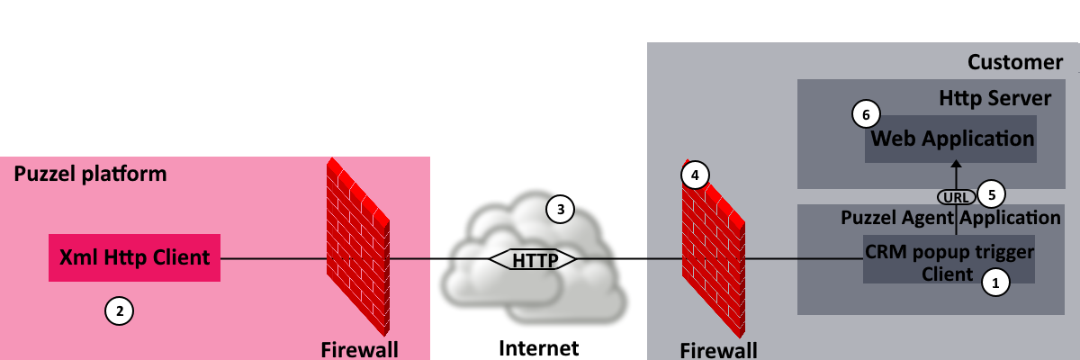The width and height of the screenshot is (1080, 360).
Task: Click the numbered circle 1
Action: pyautogui.click(x=995, y=282)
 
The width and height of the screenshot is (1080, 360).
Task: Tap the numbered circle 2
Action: pyautogui.click(x=120, y=311)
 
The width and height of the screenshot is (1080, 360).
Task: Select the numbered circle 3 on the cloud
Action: pyautogui.click(x=560, y=210)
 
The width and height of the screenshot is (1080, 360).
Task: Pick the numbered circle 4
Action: pyautogui.click(x=694, y=175)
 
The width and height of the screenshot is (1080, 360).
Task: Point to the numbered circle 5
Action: pyautogui.click(x=991, y=193)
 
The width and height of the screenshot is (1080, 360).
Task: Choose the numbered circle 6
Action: pyautogui.click(x=866, y=114)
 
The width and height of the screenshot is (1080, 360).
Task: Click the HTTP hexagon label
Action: pyautogui.click(x=533, y=260)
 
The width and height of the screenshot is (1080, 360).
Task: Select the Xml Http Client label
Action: pyautogui.click(x=134, y=258)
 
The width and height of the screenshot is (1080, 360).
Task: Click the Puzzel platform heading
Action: pyautogui.click(x=90, y=175)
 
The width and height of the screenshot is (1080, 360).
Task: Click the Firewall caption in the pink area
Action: pyautogui.click(x=359, y=349)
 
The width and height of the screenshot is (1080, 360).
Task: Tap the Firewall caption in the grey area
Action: pyautogui.click(x=717, y=350)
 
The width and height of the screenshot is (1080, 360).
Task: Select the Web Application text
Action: pyautogui.click(x=952, y=139)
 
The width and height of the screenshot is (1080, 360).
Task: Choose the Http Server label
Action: pyautogui.click(x=994, y=98)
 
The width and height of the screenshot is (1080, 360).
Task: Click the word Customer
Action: pyautogui.click(x=1014, y=62)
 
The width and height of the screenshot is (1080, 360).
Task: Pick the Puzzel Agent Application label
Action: pyautogui.click(x=950, y=218)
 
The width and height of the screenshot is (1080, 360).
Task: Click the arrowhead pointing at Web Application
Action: pyautogui.click(x=957, y=165)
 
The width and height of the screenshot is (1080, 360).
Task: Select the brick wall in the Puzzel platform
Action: pyautogui.click(x=357, y=243)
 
